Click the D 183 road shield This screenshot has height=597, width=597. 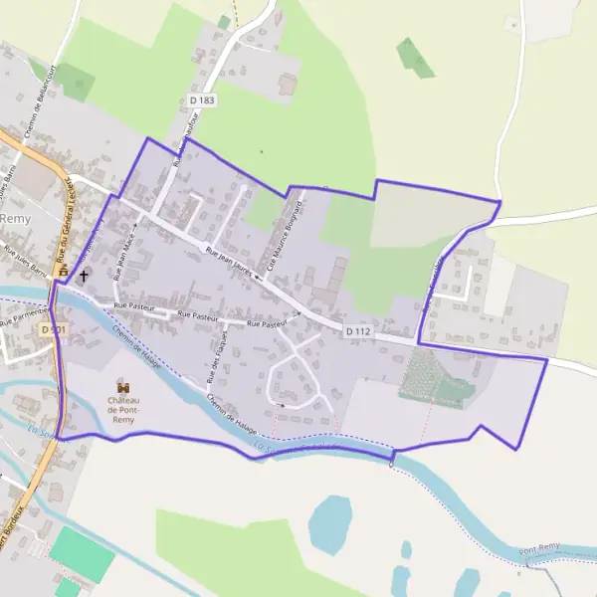[x=202, y=100]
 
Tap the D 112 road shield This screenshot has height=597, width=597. [x=359, y=330]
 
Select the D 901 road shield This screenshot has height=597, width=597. [x=54, y=328]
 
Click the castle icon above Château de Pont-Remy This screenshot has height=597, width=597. [x=124, y=385]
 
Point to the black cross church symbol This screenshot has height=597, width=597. [x=84, y=275]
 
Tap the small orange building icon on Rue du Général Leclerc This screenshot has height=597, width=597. [x=64, y=270]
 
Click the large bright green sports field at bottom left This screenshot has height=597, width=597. [x=82, y=553]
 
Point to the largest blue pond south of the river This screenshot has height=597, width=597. [x=329, y=523]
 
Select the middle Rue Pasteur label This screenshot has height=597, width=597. [x=197, y=315]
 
